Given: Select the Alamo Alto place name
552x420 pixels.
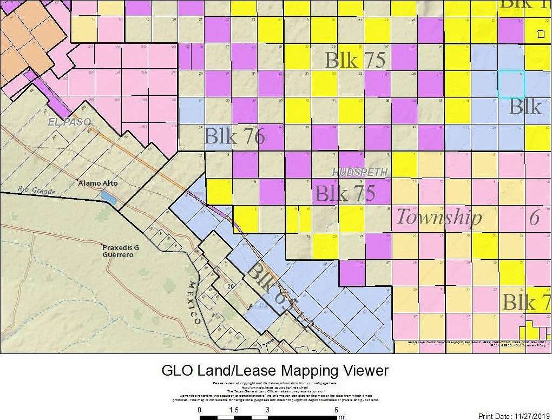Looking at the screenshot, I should coord(98,183).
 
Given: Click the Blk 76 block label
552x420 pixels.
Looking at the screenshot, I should coord(234,136).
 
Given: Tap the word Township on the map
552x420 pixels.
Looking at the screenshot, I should coord(439,217).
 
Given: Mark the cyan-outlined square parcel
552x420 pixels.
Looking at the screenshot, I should coord(511,84).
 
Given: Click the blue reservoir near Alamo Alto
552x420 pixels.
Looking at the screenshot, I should coord(108,198).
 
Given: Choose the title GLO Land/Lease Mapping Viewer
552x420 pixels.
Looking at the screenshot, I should coord(275,371).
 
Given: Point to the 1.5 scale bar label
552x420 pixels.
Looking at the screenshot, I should coord(234,410).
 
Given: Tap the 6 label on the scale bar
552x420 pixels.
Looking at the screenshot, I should coord(336,410).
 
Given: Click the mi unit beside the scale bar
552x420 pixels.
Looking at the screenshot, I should coord(341,417).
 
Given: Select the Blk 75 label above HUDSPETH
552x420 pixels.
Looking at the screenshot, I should coord(354,60).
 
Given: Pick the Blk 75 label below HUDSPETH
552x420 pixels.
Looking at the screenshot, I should coord(345,193).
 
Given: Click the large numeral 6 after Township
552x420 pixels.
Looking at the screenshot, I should coord(534,217).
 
